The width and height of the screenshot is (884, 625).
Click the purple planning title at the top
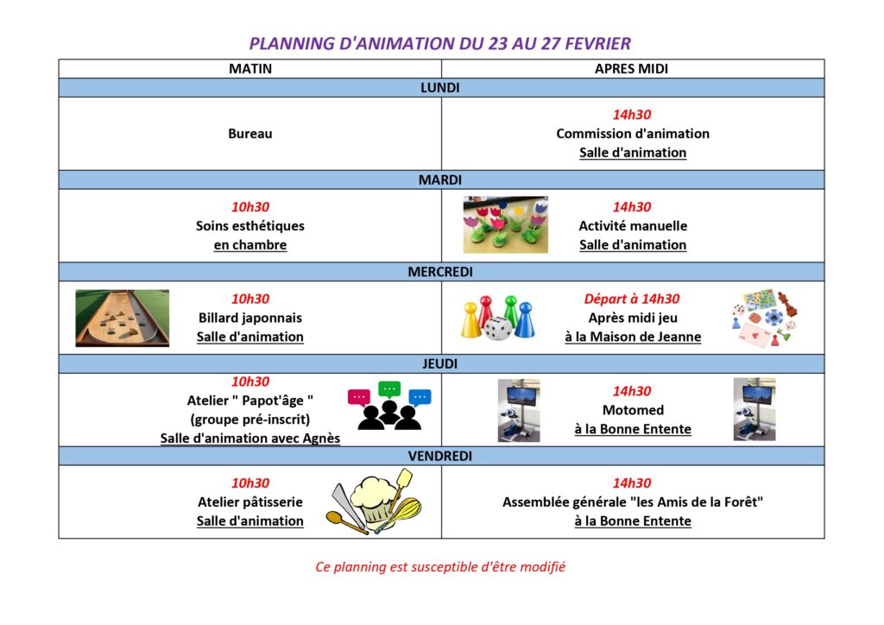tap(440, 43)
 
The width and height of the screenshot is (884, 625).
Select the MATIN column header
tap(249, 69)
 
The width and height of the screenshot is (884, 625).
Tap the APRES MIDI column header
tap(631, 69)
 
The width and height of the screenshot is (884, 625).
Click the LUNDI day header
tap(440, 88)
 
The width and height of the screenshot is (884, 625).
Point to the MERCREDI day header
tap(440, 272)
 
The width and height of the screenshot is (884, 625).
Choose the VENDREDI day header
tap(440, 456)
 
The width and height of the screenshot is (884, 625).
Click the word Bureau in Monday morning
tap(249, 134)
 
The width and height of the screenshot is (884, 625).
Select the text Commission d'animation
tap(632, 134)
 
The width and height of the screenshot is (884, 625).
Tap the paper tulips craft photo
tap(505, 224)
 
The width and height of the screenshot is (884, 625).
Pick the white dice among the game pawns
tap(496, 329)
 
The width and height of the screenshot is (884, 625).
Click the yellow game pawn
tap(470, 320)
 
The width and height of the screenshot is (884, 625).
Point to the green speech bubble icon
tap(390, 389)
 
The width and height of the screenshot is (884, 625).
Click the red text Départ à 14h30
tap(632, 299)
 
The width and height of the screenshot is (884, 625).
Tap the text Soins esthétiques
tap(249, 226)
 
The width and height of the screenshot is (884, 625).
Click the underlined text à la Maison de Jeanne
tap(632, 337)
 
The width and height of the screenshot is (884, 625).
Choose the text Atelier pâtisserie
tap(249, 502)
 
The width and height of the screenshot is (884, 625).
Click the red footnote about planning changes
tap(440, 567)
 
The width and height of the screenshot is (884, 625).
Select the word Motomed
tap(632, 410)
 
